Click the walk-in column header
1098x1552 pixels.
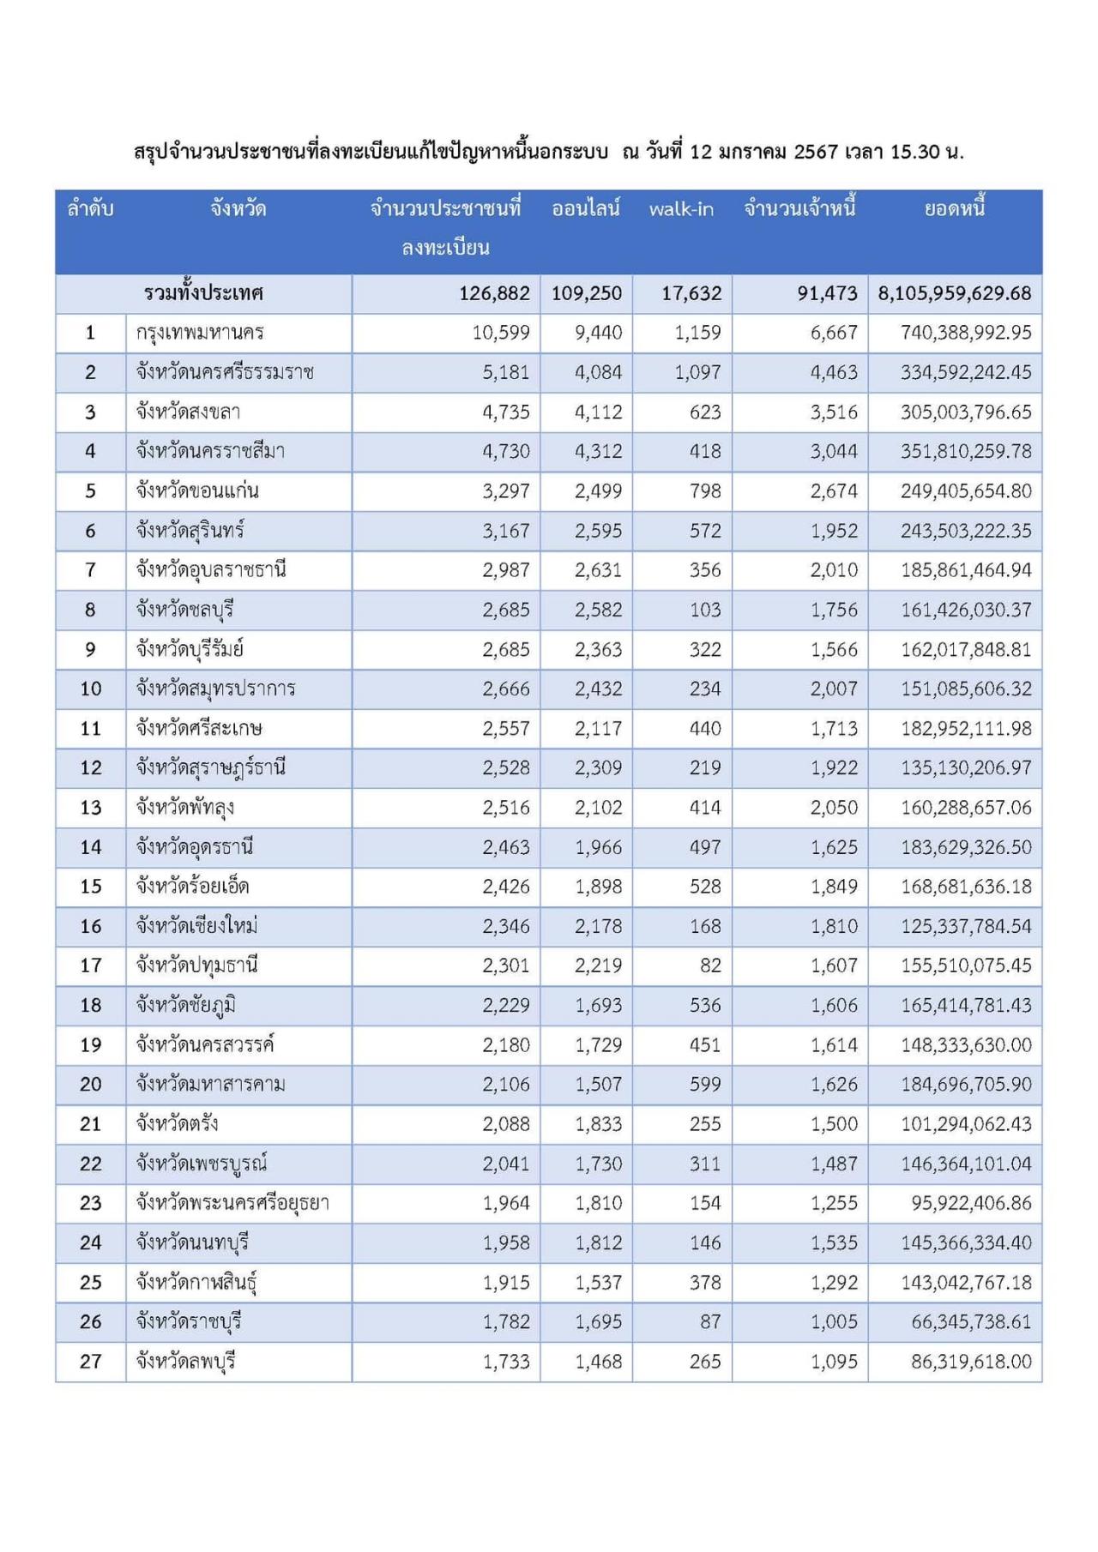tap(681, 209)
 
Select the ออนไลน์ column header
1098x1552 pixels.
tap(586, 209)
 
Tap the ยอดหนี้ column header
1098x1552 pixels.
tap(954, 209)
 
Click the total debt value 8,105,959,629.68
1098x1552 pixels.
tap(954, 293)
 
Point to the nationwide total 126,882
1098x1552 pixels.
tap(494, 293)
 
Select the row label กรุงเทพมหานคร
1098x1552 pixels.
tap(200, 333)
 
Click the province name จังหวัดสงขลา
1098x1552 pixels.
tap(188, 412)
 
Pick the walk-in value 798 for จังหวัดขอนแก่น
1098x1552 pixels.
tap(705, 491)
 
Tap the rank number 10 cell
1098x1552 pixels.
tap(91, 689)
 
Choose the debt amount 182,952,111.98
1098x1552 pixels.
tap(966, 729)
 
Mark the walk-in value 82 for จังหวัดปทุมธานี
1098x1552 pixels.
tap(710, 966)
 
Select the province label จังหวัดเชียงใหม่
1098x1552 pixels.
tap(197, 926)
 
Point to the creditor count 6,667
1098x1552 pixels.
tap(834, 333)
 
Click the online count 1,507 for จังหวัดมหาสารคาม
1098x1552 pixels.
tap(598, 1085)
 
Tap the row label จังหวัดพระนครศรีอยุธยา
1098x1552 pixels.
tap(232, 1203)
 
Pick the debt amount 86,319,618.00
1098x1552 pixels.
tap(971, 1362)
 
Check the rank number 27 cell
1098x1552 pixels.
tap(91, 1362)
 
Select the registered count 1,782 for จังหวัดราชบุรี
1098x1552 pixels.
tap(506, 1322)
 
